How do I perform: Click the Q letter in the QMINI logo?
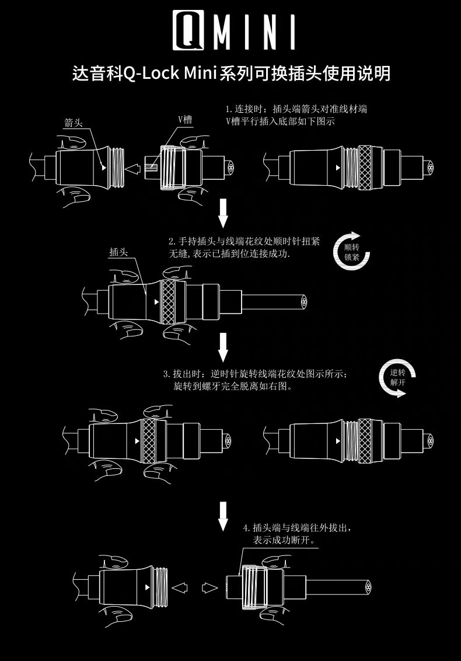click(187, 30)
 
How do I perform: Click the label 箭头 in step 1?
click(74, 123)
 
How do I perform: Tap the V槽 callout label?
click(185, 119)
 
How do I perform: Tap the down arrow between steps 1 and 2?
click(223, 214)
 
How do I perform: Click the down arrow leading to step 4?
click(223, 516)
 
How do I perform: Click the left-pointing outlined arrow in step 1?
click(134, 169)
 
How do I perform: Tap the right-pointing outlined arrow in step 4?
click(209, 586)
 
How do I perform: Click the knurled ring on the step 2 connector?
click(169, 302)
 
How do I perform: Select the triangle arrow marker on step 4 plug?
click(148, 586)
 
